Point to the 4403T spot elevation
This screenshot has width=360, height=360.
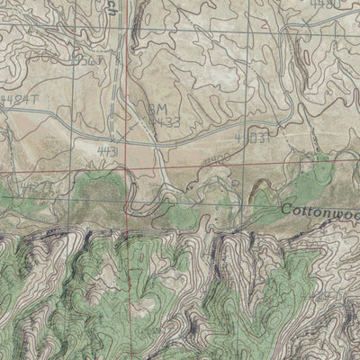[252, 138]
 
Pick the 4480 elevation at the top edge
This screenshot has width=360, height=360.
[325, 4]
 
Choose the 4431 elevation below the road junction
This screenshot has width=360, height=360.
[106, 152]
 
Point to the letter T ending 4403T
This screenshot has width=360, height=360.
[268, 138]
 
